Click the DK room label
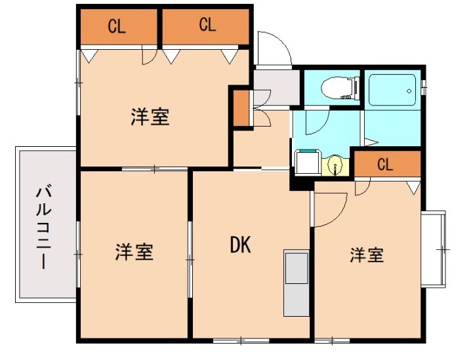pyautogui.click(x=241, y=245)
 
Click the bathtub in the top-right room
pyautogui.click(x=392, y=90)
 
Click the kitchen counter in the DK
pyautogui.click(x=296, y=282)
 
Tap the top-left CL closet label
pyautogui.click(x=117, y=27)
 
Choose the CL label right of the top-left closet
pyautogui.click(x=207, y=26)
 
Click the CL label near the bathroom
pyautogui.click(x=385, y=165)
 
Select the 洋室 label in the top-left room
pyautogui.click(x=150, y=117)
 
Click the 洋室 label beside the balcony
pyautogui.click(x=134, y=252)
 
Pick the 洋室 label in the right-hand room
pyautogui.click(x=366, y=255)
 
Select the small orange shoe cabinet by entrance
pyautogui.click(x=241, y=109)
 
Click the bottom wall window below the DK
pyautogui.click(x=241, y=340)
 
